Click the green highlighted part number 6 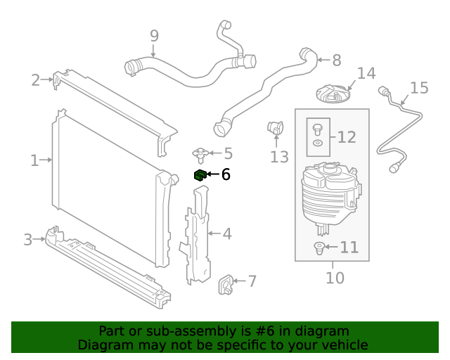point(200,174)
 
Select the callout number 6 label point(226,175)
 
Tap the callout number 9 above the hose point(154,36)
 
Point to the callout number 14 point(366,74)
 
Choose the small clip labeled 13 point(274,128)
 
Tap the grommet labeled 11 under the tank point(319,247)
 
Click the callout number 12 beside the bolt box point(347,138)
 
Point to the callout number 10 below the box point(335,278)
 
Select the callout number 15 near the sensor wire point(419,88)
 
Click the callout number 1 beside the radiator point(34,161)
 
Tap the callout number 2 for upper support point(35,80)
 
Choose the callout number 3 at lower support point(28,240)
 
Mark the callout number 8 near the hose point(336,60)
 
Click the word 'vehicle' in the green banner point(343,345)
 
